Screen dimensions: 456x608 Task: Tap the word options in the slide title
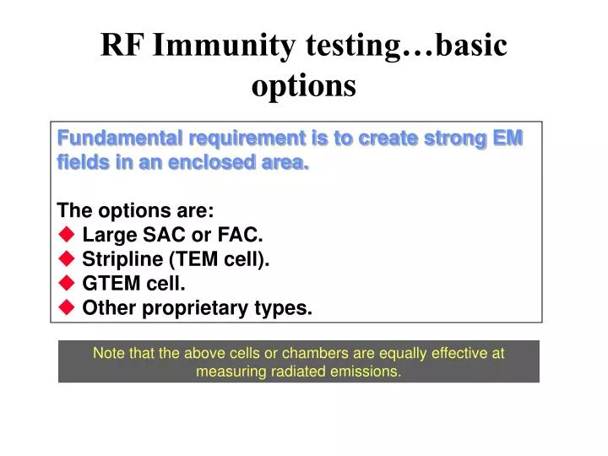pos(304,85)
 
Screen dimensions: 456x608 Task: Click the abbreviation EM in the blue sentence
pos(508,138)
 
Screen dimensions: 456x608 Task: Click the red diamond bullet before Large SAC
pos(67,236)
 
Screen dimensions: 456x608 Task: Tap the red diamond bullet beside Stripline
pos(67,260)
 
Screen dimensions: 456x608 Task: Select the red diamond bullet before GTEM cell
pos(67,285)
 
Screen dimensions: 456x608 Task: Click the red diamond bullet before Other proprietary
pos(67,308)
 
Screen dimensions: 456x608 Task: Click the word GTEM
pos(108,285)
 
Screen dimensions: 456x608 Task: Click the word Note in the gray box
pos(108,354)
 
